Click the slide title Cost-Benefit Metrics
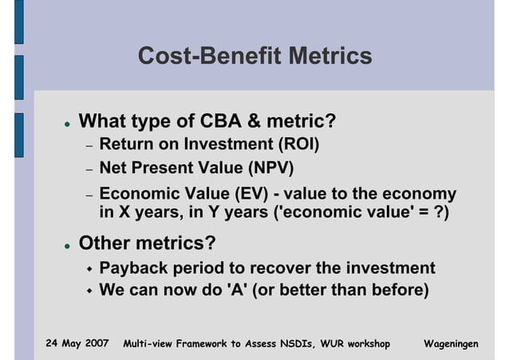tap(254, 57)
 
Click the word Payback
tap(131, 268)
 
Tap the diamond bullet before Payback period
tap(90, 269)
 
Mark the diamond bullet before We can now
tap(90, 290)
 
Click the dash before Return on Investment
tap(90, 147)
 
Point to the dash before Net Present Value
tap(90, 170)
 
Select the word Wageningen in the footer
tap(451, 343)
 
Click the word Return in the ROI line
tap(126, 145)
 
